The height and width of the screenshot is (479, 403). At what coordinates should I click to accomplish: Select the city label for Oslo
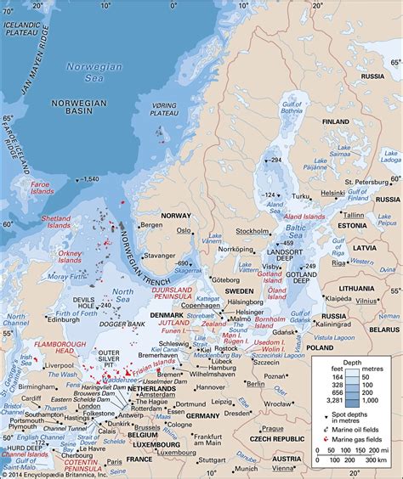coord(184,229)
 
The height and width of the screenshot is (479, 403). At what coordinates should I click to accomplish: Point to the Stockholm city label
coord(253,230)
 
